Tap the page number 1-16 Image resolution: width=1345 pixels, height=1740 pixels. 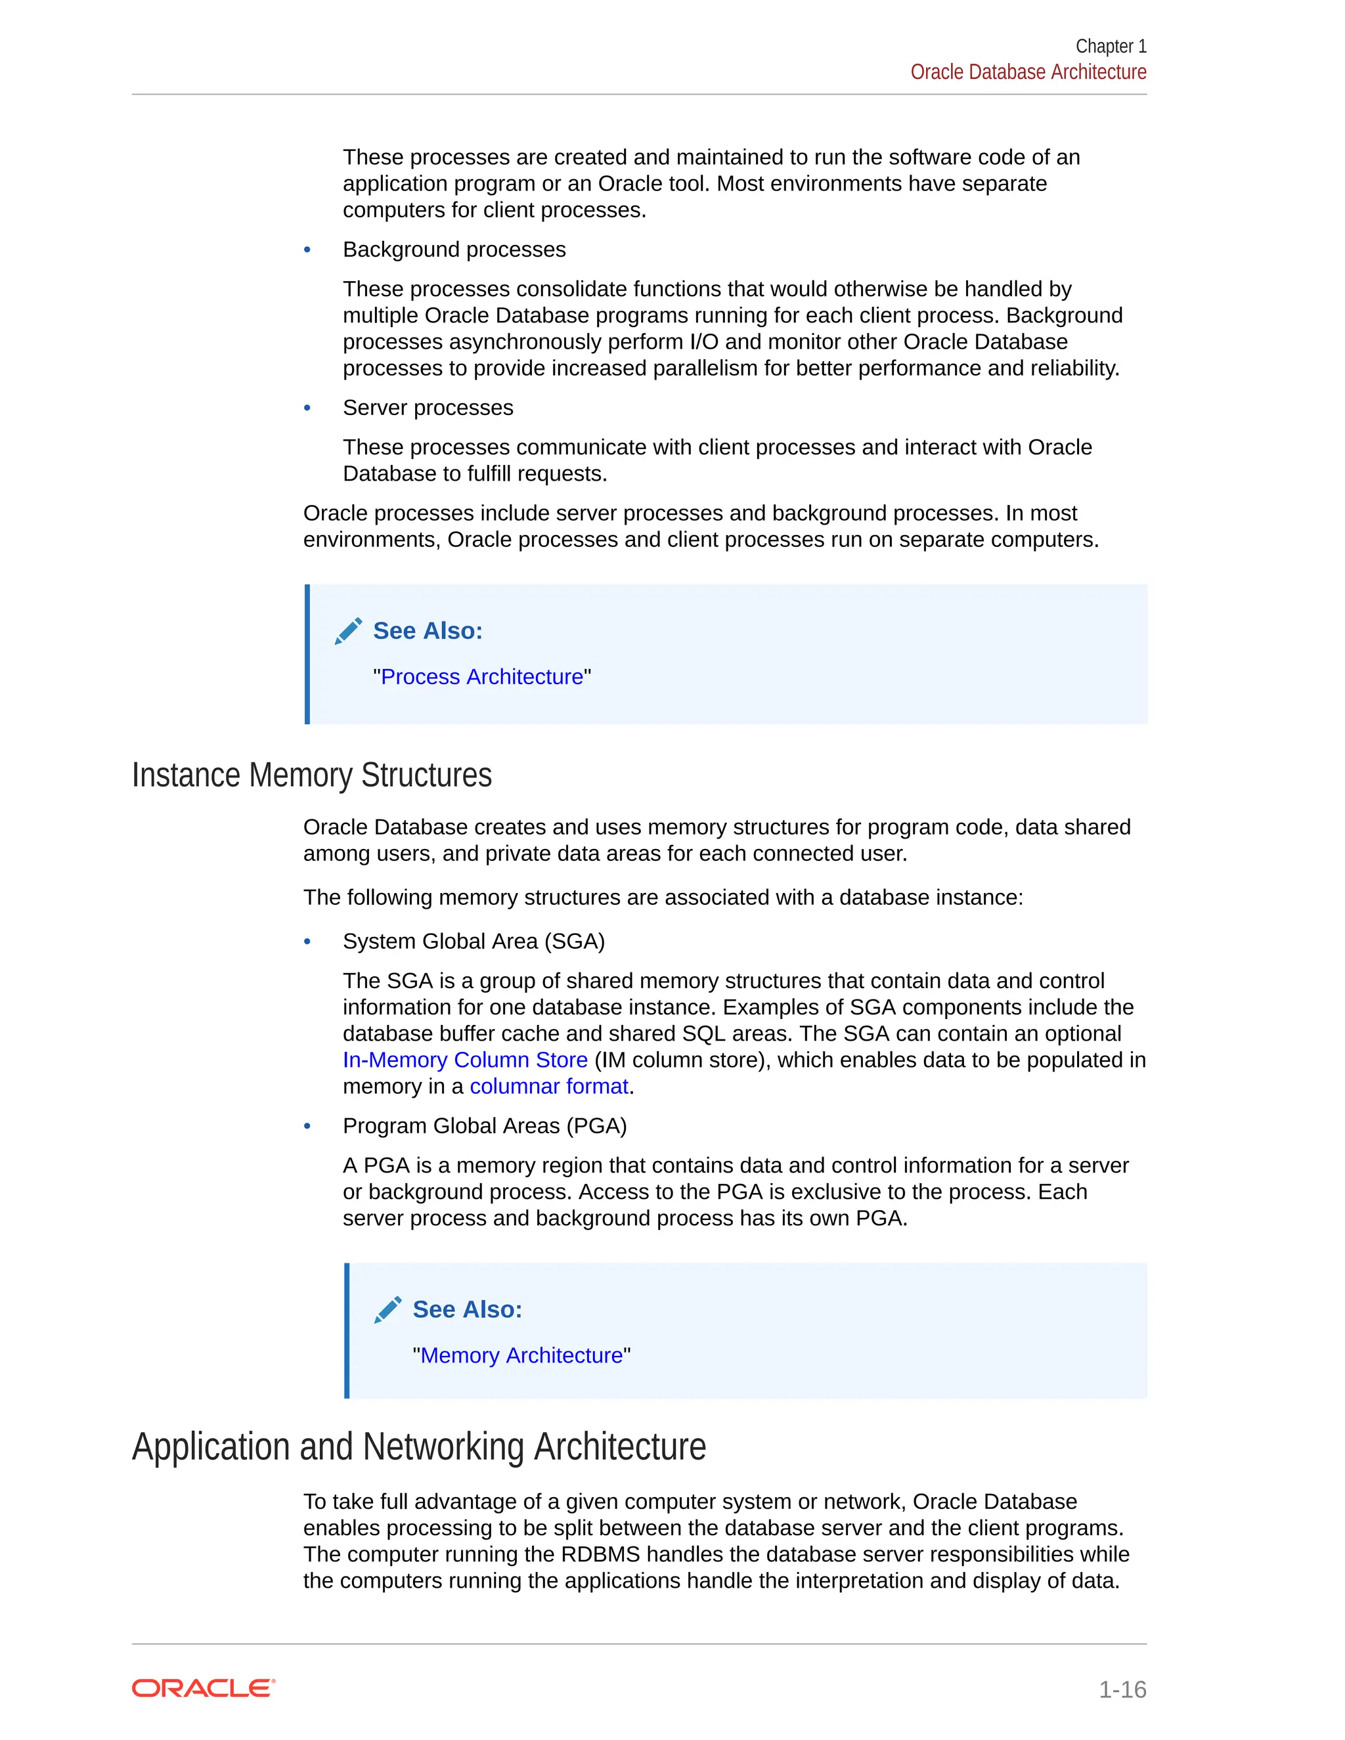click(x=1122, y=1689)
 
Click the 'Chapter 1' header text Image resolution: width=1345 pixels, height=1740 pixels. click(x=1110, y=46)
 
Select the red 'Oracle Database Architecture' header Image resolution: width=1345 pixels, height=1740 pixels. click(x=1028, y=72)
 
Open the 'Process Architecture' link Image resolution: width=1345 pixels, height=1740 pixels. click(x=482, y=677)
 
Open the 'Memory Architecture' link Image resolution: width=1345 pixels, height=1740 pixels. click(x=521, y=1356)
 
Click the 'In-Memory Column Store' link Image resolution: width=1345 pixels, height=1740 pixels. click(x=466, y=1060)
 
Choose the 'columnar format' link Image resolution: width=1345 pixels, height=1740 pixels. click(x=549, y=1087)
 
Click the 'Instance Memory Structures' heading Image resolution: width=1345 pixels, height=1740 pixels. click(x=311, y=775)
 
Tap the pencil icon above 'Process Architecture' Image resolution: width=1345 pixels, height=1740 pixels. click(x=348, y=631)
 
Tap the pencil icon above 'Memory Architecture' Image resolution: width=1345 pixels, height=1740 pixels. click(x=388, y=1310)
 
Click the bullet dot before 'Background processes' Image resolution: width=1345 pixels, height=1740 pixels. click(x=307, y=250)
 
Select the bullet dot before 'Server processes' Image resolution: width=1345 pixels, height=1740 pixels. click(x=307, y=408)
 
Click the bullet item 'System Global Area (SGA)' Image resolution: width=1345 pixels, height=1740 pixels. click(x=474, y=942)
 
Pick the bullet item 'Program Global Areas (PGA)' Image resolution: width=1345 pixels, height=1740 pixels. click(x=485, y=1127)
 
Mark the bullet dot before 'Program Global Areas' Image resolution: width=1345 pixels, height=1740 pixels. click(x=307, y=1127)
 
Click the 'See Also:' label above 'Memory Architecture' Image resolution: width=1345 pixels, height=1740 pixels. click(x=467, y=1310)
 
